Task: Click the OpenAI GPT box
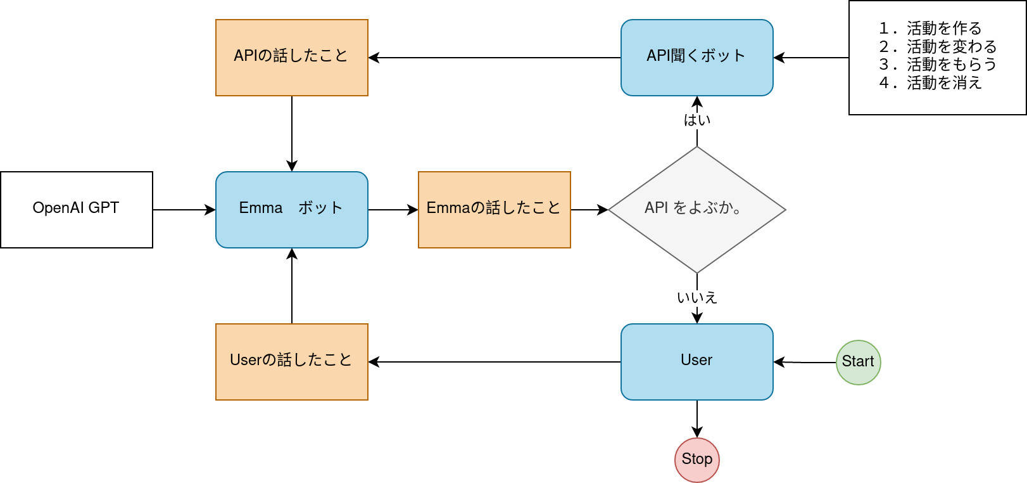76,209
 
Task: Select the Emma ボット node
291,209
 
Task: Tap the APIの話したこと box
291,57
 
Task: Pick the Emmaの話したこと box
494,209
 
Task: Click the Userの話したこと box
291,361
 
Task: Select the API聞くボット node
696,57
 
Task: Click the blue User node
696,361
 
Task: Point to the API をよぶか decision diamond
696,209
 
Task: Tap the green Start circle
858,362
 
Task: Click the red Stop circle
696,460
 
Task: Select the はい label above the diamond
696,120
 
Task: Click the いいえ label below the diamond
696,297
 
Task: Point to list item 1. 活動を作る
930,29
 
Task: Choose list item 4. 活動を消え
930,83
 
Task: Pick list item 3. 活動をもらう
938,65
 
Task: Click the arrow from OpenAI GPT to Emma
184,209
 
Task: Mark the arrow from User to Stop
696,418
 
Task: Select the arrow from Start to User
804,362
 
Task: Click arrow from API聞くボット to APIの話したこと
494,57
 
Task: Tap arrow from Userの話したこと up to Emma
291,285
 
